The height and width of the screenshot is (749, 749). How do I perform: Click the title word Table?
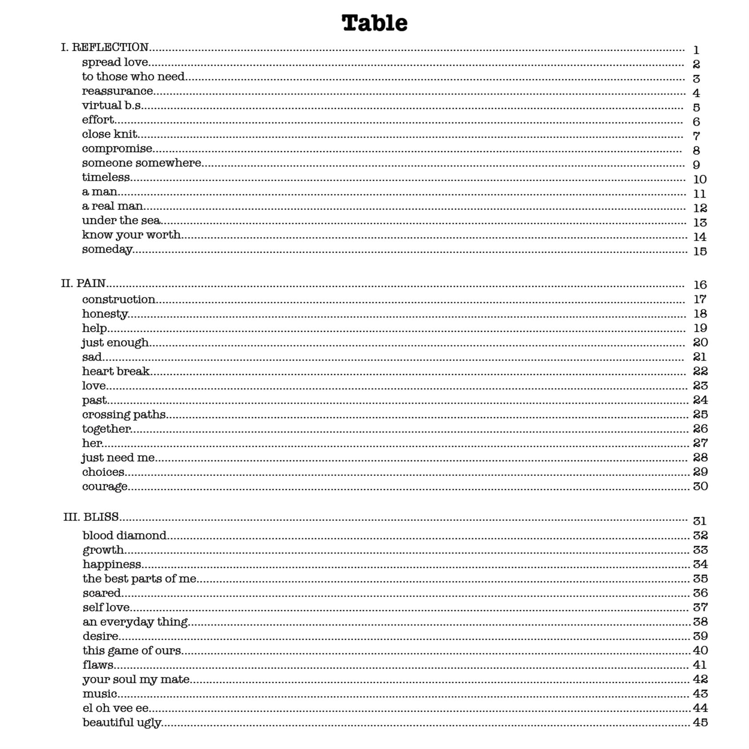click(374, 23)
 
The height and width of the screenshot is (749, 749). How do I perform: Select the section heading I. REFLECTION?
click(105, 47)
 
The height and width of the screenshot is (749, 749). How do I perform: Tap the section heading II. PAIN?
click(84, 283)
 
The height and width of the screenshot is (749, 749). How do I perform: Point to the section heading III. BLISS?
click(91, 517)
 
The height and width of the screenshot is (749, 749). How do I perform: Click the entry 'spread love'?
click(115, 62)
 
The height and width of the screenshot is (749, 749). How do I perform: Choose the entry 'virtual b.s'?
click(112, 105)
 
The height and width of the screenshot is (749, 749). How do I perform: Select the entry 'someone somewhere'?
click(141, 163)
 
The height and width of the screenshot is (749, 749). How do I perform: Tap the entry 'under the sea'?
click(121, 221)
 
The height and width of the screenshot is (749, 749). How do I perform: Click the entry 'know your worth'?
click(131, 235)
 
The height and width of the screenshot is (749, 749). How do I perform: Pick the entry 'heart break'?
click(116, 371)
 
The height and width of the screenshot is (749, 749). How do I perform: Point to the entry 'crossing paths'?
click(124, 415)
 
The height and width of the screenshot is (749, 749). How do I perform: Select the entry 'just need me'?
click(118, 458)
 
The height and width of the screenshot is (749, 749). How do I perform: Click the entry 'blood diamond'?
click(125, 536)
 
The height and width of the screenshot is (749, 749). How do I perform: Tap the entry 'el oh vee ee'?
click(116, 708)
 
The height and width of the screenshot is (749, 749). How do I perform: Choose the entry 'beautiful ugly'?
click(122, 722)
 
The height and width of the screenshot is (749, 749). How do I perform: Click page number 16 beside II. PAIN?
click(700, 285)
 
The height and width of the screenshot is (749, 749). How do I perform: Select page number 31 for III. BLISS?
click(700, 521)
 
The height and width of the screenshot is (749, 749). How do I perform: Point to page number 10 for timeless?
click(700, 179)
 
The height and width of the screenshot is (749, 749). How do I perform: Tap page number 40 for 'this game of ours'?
click(700, 650)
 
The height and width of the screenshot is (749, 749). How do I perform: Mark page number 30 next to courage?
click(700, 486)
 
